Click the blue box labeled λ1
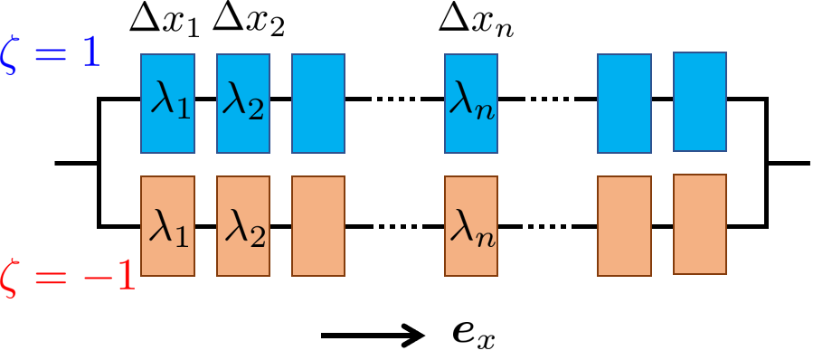click(167, 103)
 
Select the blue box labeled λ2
click(243, 103)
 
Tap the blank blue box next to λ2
click(317, 103)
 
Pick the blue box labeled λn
click(471, 103)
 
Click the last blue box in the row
click(699, 101)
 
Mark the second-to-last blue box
click(624, 103)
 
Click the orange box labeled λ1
click(167, 226)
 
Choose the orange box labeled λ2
click(243, 226)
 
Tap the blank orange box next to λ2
click(317, 226)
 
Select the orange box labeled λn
click(471, 226)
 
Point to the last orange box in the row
click(699, 223)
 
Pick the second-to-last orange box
click(624, 226)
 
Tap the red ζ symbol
click(11, 276)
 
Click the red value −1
click(109, 275)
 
